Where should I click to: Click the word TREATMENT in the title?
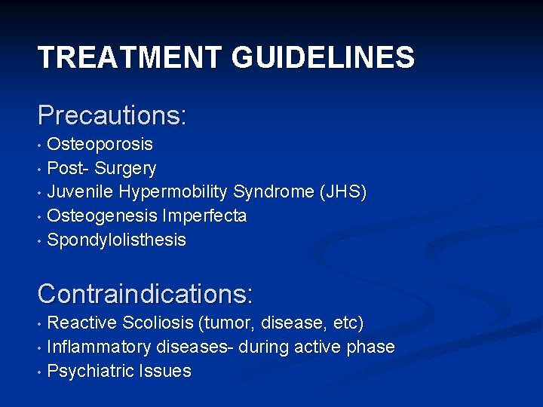click(128, 57)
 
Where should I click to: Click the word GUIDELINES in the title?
click(320, 57)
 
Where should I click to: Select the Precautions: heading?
click(112, 115)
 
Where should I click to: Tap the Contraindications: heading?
click(146, 292)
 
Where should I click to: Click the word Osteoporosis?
click(100, 144)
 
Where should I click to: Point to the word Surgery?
click(127, 168)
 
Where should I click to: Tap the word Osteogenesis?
click(102, 216)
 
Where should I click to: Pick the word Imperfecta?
click(204, 216)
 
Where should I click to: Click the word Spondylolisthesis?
click(116, 240)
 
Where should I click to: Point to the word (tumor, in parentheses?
click(227, 323)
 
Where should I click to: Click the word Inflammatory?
click(99, 347)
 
